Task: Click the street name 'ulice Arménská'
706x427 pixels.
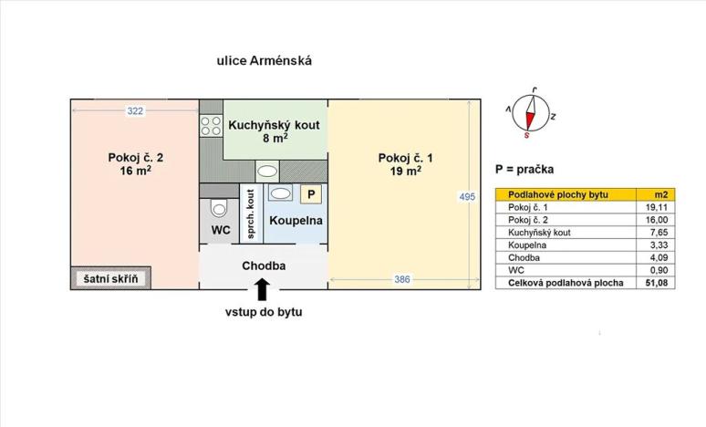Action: (x=264, y=61)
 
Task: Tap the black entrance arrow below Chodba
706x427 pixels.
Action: (x=263, y=289)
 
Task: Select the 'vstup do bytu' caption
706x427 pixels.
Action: (x=264, y=312)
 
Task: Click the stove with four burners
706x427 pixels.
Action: (x=211, y=126)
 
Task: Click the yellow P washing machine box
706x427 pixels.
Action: (x=311, y=193)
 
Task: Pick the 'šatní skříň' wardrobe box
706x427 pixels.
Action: (x=111, y=278)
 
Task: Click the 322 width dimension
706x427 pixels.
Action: (x=135, y=111)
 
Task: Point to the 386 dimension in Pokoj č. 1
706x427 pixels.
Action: (x=402, y=279)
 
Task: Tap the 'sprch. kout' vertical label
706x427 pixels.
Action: (x=250, y=215)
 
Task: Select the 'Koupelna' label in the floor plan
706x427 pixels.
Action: (x=296, y=220)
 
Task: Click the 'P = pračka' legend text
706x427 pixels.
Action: (x=525, y=170)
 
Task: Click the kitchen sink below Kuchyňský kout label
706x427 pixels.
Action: (x=267, y=171)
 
